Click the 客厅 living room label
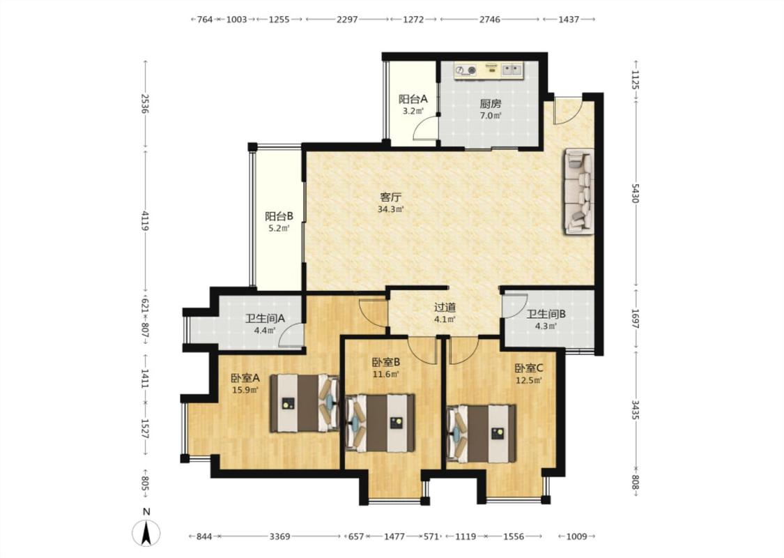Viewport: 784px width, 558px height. click(390, 197)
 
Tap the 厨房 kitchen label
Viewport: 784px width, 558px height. click(491, 104)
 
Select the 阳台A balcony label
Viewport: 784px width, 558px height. click(413, 99)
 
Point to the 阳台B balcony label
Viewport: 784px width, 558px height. click(279, 216)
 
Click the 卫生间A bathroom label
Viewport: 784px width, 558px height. click(265, 318)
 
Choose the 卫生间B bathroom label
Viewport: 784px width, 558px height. click(546, 315)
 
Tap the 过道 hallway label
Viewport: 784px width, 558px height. click(445, 308)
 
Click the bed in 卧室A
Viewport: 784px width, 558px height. click(305, 403)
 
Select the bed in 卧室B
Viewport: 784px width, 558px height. click(381, 423)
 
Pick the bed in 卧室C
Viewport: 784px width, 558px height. click(481, 433)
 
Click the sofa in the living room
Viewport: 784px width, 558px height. click(579, 191)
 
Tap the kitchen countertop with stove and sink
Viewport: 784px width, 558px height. click(489, 70)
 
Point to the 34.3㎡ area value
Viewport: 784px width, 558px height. click(390, 209)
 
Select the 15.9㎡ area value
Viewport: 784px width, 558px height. click(245, 389)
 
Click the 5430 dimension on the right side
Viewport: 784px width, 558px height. click(635, 193)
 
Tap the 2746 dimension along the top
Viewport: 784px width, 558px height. click(490, 20)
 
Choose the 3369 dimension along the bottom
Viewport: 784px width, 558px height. click(279, 536)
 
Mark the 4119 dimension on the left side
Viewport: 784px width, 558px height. click(145, 220)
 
